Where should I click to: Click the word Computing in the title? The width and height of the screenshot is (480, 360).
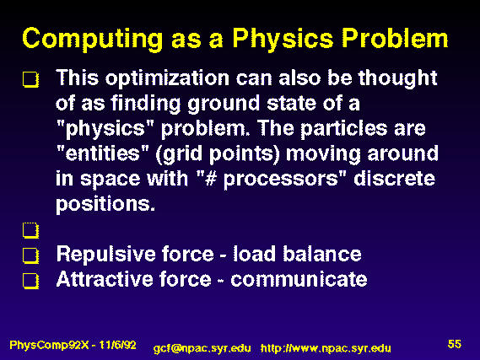(93, 40)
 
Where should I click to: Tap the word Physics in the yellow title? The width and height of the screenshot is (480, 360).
(283, 40)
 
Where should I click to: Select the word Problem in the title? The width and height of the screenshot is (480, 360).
(395, 38)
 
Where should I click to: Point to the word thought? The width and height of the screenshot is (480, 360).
(397, 78)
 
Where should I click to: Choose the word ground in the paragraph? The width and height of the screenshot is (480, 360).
(224, 104)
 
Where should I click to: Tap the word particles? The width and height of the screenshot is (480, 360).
(344, 129)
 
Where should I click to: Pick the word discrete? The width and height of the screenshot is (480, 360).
(394, 178)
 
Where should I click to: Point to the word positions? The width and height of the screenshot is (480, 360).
(105, 204)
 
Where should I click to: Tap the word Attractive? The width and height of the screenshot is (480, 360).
(103, 279)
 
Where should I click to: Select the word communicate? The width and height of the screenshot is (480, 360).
(299, 279)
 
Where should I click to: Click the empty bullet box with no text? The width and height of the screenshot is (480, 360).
(30, 230)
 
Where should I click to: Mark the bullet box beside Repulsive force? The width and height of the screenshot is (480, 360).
(30, 255)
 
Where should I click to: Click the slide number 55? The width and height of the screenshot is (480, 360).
(455, 344)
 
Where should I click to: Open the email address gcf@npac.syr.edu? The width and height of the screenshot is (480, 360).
(202, 349)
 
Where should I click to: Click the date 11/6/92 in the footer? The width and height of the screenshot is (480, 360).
(117, 345)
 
